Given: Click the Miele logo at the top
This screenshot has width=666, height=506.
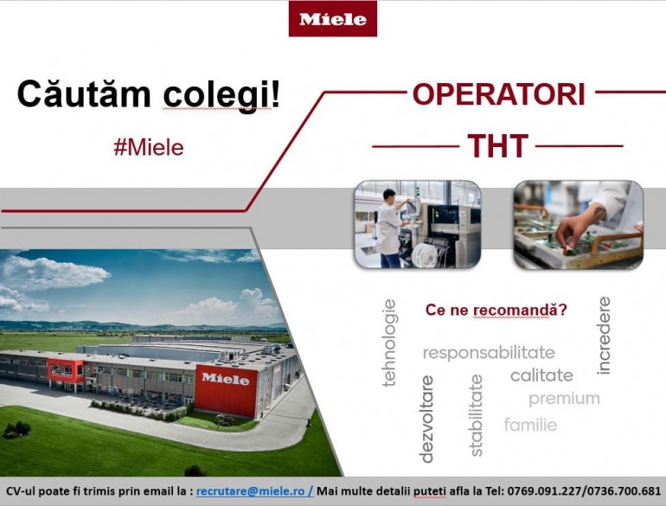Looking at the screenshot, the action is coord(333,19).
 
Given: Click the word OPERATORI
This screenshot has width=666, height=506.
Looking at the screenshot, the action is coord(499,94).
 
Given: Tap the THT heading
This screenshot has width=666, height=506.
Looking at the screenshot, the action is coord(498,145).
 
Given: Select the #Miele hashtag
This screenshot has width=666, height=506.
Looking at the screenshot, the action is coord(149,147).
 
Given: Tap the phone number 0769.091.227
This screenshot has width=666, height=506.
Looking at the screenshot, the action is coord(544,491).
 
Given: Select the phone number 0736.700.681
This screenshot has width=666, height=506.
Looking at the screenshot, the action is coord(622,491).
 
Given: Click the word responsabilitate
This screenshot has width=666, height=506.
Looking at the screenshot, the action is coord(489,353).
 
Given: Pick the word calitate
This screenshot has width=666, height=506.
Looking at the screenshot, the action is coord(541,375).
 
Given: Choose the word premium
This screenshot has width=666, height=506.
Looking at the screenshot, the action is coord(565,399).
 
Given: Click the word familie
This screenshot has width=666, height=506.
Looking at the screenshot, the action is coord(530,425).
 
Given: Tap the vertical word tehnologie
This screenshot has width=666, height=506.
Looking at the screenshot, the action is coord(389,343).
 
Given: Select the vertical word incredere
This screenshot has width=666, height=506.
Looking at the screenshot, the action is coord(604,336).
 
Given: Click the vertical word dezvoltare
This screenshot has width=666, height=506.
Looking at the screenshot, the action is coord(426,419).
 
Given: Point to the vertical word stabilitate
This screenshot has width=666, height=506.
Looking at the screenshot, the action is coord(477,415).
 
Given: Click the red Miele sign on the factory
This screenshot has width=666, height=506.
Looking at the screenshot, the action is coord(227,391).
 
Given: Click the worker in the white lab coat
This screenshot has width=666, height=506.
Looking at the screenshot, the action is coord(390,228).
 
